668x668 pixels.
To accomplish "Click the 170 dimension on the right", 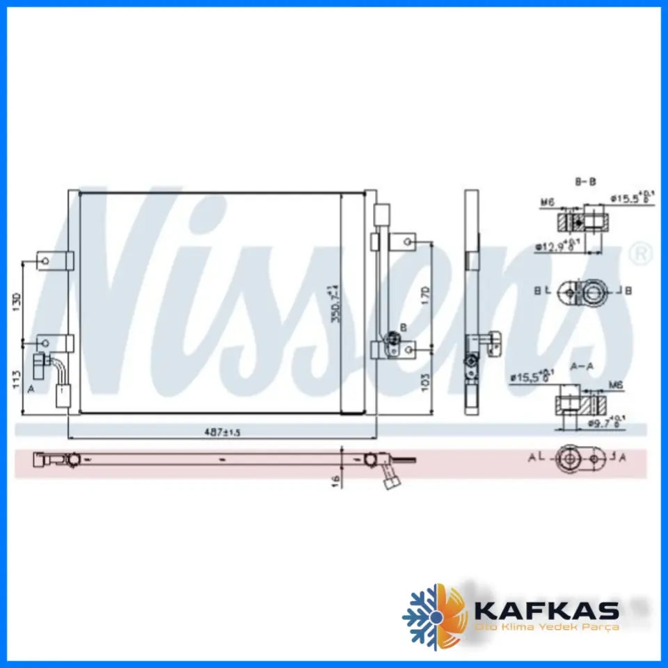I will [426, 294].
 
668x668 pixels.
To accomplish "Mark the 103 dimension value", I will [426, 380].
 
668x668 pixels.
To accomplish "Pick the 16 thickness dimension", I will [335, 479].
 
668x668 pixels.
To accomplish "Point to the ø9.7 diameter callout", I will [603, 421].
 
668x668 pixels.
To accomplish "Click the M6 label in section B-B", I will [548, 203].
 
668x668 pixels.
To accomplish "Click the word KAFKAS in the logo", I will [546, 611].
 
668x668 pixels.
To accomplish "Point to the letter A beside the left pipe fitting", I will [31, 389].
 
